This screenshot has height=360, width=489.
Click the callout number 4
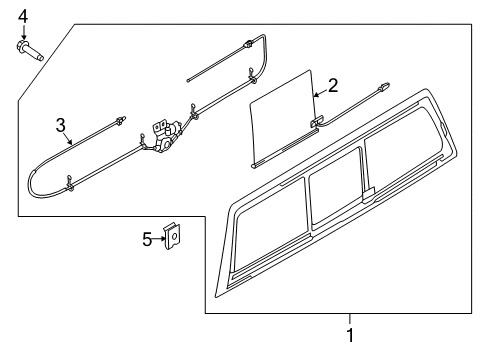coord(22,14)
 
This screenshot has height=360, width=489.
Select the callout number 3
coord(60,125)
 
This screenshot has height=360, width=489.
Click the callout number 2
coord(333,86)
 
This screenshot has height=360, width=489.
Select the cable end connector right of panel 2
coord(382,89)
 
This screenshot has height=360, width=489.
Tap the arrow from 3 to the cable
coord(69,139)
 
